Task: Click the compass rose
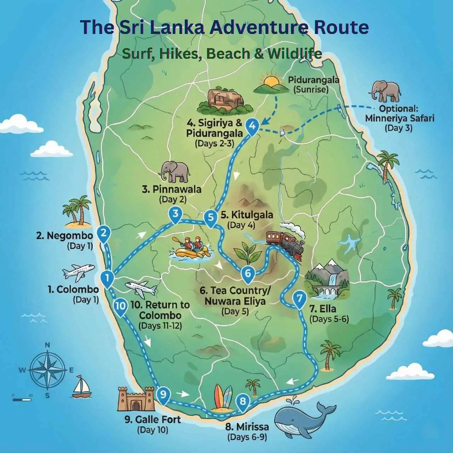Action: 47,369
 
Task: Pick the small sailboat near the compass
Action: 82,387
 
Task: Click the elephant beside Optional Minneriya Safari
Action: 386,91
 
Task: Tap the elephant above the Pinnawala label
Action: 175,172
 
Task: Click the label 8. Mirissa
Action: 247,426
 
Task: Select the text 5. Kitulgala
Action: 247,215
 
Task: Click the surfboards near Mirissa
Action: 223,397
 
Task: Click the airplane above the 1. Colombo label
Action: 79,272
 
